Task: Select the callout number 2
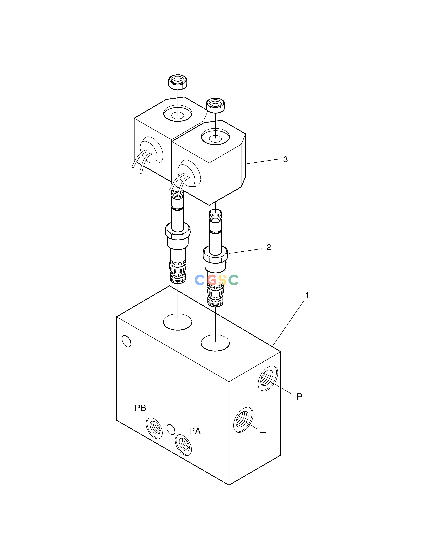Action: click(x=269, y=247)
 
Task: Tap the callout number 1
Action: click(x=307, y=295)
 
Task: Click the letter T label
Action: click(x=263, y=435)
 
